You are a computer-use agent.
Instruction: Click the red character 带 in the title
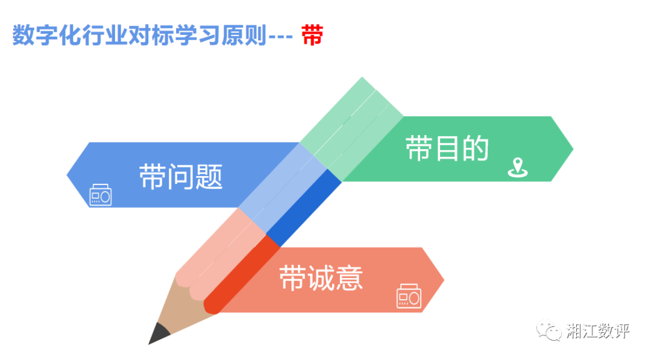point(312,35)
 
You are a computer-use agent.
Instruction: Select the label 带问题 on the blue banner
point(181,177)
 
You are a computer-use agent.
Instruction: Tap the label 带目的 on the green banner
point(447,148)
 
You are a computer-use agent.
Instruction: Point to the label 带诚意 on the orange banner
point(321,278)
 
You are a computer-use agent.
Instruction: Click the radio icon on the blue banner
point(101,195)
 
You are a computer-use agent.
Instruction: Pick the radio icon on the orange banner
point(409,296)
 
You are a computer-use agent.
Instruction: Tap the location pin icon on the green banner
point(518,168)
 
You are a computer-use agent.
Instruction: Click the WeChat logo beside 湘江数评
point(549,330)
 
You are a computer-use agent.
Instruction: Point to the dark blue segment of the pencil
point(304,207)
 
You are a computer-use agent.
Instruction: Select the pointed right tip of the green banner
point(573,149)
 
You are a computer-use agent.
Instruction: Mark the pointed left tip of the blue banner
point(68,175)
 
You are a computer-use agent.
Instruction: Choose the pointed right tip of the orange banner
point(444,280)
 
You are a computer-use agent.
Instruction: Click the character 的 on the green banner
point(476,148)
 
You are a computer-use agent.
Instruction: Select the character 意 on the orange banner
point(350,278)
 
